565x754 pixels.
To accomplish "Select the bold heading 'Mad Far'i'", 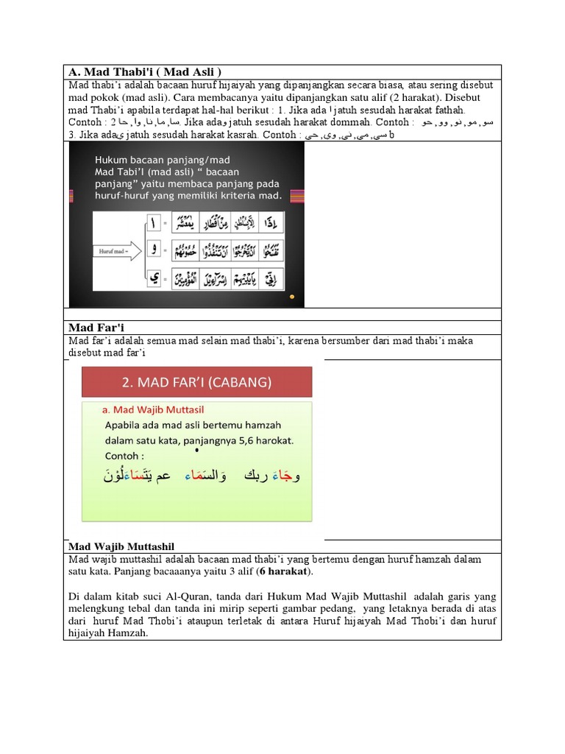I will pos(93,328).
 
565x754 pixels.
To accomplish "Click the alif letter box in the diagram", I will pos(154,222).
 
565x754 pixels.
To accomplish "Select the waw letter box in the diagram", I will pos(154,250).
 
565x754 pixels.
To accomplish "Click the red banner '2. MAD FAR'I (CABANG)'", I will pos(196,382).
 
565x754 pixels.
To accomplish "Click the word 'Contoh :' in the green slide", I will pos(126,456).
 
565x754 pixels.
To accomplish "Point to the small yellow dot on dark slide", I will pos(292,297).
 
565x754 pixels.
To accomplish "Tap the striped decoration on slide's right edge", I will pos(297,196).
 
